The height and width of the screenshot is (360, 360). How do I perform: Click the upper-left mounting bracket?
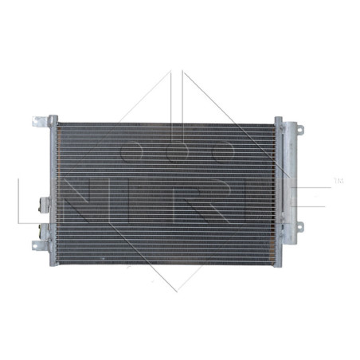pyautogui.click(x=41, y=123)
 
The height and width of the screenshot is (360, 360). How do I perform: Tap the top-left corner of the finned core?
pyautogui.click(x=60, y=123)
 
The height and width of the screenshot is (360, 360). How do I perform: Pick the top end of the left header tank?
pyautogui.click(x=53, y=119)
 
